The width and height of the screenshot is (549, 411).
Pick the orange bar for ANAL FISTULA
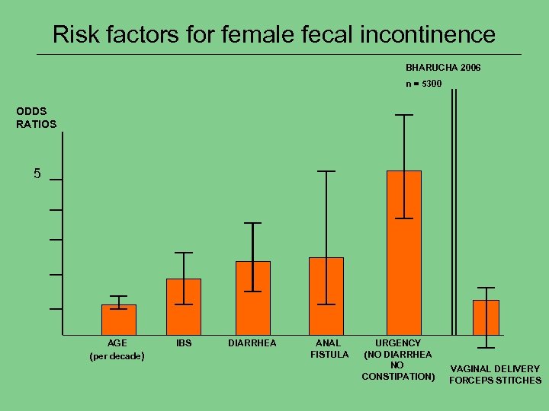326,296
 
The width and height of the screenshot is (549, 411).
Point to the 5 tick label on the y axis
37,174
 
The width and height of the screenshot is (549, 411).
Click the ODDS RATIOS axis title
36,118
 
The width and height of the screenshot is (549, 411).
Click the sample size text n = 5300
423,83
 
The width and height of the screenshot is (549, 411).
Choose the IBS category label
184,343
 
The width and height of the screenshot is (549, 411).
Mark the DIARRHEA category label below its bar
252,343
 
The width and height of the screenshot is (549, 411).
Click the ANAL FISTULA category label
329,349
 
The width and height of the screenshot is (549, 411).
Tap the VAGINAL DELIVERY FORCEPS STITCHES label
495,374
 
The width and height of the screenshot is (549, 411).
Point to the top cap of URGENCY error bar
403,115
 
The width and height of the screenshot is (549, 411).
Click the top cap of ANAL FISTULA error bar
326,171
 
